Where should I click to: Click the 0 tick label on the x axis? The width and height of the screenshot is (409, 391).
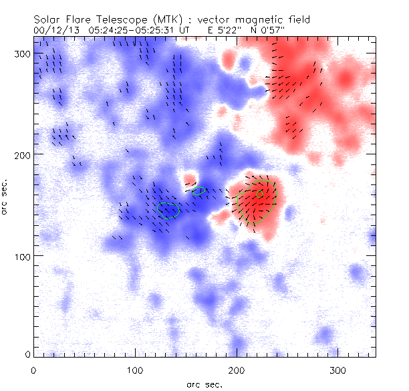pyautogui.click(x=33, y=370)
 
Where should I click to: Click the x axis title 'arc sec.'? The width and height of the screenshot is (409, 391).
pyautogui.click(x=204, y=384)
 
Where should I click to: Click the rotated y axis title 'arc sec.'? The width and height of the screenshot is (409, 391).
pyautogui.click(x=5, y=197)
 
